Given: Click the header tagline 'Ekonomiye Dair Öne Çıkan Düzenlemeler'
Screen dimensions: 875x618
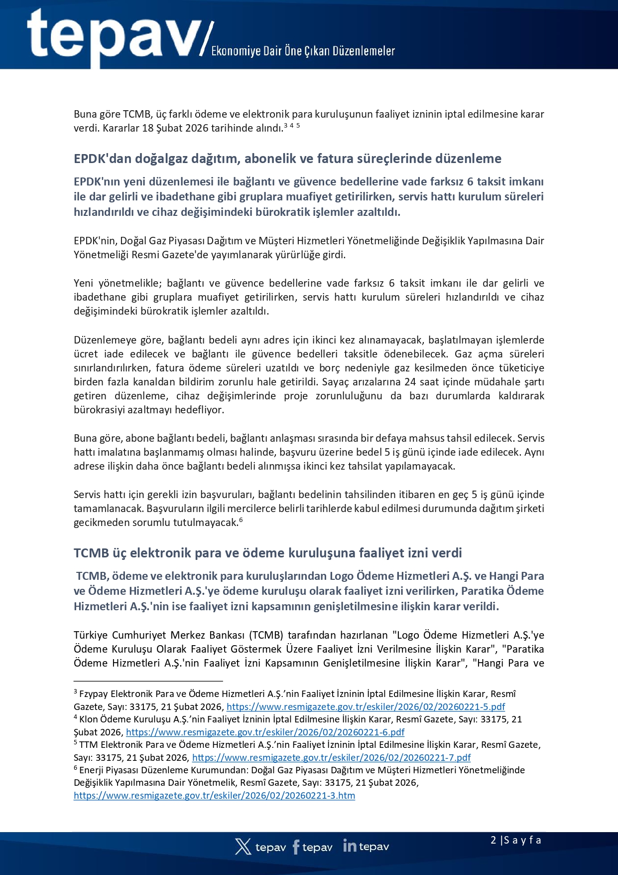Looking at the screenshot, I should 303,51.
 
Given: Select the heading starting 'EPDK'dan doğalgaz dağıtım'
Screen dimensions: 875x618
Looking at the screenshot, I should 287,159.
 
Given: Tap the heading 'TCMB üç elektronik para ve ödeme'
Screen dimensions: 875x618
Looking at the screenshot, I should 267,553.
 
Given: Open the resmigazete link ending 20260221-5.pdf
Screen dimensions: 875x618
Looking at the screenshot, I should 366,706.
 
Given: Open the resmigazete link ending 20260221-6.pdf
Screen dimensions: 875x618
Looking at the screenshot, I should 265,732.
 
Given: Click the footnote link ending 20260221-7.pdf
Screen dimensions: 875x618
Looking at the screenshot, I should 331,757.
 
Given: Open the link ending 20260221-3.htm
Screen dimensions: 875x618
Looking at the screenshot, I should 214,795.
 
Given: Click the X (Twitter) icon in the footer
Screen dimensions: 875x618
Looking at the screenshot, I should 243,847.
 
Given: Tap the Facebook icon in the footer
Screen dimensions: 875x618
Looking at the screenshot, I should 296,847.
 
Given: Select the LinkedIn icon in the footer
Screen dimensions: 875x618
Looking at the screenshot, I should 350,846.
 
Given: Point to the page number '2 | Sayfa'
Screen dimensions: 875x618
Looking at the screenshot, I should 515,840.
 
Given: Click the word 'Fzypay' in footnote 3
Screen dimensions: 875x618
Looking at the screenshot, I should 94,694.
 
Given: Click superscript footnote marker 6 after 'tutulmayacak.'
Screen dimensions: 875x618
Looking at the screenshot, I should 241,520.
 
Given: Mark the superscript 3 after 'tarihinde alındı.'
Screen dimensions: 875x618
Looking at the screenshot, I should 285,125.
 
